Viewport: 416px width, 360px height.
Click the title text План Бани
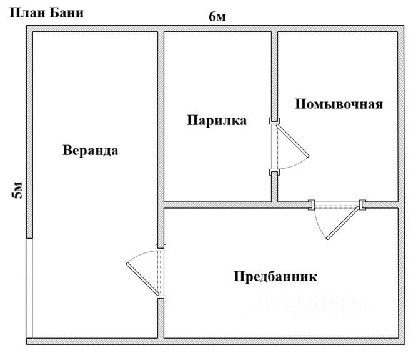tap(47, 13)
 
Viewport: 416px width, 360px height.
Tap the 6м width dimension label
tap(217, 17)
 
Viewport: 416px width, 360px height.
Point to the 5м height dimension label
tap(17, 190)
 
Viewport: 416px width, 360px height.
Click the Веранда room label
tap(91, 150)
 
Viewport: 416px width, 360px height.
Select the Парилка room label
tap(217, 120)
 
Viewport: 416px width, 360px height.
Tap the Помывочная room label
tap(339, 104)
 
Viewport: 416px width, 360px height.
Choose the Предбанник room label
tap(275, 277)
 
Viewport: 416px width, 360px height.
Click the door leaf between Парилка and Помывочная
tap(292, 141)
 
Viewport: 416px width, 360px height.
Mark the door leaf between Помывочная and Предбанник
tap(344, 222)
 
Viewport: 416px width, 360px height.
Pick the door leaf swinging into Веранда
tap(143, 279)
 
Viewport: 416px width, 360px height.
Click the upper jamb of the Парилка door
tap(275, 121)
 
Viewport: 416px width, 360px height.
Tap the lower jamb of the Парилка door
tap(275, 172)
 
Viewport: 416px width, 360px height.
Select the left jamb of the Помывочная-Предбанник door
tap(311, 205)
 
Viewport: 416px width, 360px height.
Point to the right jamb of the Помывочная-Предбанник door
tap(362, 205)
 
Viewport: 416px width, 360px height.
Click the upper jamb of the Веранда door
tap(161, 247)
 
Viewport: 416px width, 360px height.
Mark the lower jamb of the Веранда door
tap(161, 299)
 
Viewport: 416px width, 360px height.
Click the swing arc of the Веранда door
tap(139, 254)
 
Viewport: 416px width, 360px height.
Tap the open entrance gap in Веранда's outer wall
tap(29, 288)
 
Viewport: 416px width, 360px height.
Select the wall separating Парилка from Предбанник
tap(217, 205)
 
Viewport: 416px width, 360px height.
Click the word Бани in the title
tap(67, 13)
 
